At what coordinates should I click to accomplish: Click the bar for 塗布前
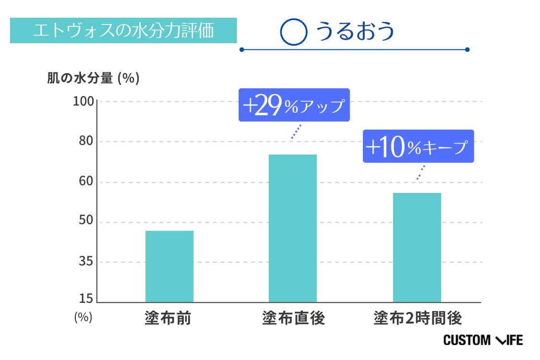click(x=169, y=266)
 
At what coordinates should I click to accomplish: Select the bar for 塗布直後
click(x=292, y=228)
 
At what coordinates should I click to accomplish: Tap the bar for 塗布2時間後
click(x=417, y=247)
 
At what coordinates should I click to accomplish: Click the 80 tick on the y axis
click(x=85, y=142)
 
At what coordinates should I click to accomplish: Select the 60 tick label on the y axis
click(x=85, y=182)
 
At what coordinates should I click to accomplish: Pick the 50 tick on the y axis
click(x=85, y=223)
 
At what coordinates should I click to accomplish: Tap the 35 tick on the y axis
click(x=85, y=263)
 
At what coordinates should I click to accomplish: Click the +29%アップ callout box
click(x=294, y=105)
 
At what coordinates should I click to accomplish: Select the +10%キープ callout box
click(x=418, y=146)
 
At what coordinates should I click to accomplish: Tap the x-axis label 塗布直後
click(x=293, y=318)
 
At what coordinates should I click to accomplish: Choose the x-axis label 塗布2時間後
click(x=417, y=318)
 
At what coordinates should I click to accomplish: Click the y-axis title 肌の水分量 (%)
click(x=93, y=78)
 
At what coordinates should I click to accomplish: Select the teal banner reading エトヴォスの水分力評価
click(x=123, y=31)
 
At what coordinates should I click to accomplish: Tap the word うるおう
click(x=355, y=31)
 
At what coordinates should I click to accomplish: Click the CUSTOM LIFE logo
click(x=482, y=340)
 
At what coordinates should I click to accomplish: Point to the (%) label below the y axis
click(x=83, y=318)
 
